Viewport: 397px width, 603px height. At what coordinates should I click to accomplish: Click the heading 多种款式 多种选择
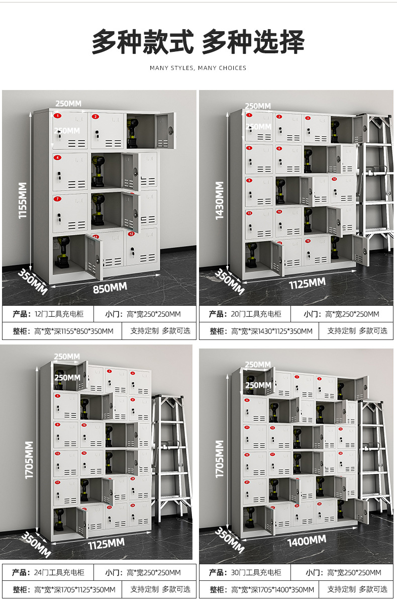tap(198, 42)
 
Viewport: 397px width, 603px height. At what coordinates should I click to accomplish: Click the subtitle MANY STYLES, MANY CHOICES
tap(198, 68)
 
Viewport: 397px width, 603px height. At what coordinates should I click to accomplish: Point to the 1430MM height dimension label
tap(220, 200)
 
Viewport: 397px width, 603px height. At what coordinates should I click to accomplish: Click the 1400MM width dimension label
tap(307, 541)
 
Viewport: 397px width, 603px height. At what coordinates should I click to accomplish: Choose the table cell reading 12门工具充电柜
tap(59, 314)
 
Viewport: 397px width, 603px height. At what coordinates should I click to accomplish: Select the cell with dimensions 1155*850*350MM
tap(74, 331)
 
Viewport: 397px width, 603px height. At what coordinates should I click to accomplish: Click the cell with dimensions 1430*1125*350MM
tap(271, 331)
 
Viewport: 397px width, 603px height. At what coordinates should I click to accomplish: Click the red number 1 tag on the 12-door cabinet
tap(58, 116)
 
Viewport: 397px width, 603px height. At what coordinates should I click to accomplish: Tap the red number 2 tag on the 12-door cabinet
tap(95, 117)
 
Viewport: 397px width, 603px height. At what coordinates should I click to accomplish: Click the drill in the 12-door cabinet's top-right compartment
tap(133, 132)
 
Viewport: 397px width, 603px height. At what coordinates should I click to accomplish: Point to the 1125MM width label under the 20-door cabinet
tap(307, 284)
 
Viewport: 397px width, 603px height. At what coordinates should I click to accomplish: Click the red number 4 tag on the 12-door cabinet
tap(58, 157)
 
